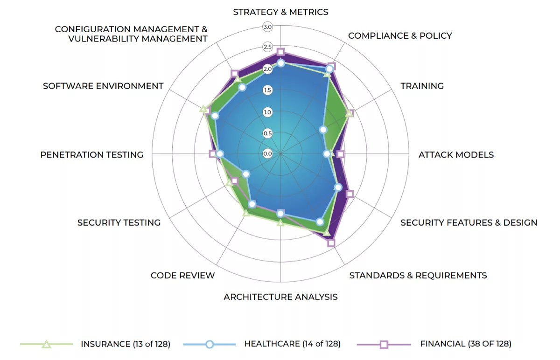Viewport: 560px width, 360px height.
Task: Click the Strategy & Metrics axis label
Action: pyautogui.click(x=280, y=12)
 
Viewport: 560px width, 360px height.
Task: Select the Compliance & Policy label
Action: pyautogui.click(x=400, y=36)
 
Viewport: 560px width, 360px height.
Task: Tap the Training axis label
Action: pyautogui.click(x=422, y=86)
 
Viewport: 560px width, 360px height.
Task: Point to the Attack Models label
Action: pyautogui.click(x=456, y=155)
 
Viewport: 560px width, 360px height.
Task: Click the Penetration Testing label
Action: pyautogui.click(x=92, y=155)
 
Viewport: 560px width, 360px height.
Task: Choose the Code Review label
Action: pyautogui.click(x=182, y=275)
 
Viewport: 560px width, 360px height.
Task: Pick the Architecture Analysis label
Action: pyautogui.click(x=280, y=297)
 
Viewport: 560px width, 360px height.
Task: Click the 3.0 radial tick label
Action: pyautogui.click(x=267, y=27)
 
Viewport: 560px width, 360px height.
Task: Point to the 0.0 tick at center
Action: pyautogui.click(x=267, y=153)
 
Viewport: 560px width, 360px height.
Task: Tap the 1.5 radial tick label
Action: pyautogui.click(x=267, y=90)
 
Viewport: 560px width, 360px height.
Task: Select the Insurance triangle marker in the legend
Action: pyautogui.click(x=46, y=344)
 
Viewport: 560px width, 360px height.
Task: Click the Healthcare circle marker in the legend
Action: pyautogui.click(x=210, y=344)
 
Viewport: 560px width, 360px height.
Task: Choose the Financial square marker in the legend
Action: pyautogui.click(x=384, y=345)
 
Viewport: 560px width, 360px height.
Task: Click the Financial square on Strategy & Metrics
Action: pyautogui.click(x=280, y=52)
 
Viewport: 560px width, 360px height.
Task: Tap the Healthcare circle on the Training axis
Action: pyautogui.click(x=323, y=130)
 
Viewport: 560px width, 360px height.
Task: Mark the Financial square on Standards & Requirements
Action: pyautogui.click(x=331, y=243)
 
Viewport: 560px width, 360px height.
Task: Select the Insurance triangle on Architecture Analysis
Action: pyautogui.click(x=280, y=223)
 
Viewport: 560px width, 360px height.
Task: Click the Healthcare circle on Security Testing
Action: pyautogui.click(x=246, y=174)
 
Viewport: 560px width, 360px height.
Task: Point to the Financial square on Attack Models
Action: pyautogui.click(x=340, y=154)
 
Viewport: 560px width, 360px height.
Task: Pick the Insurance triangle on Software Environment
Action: pyautogui.click(x=203, y=109)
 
